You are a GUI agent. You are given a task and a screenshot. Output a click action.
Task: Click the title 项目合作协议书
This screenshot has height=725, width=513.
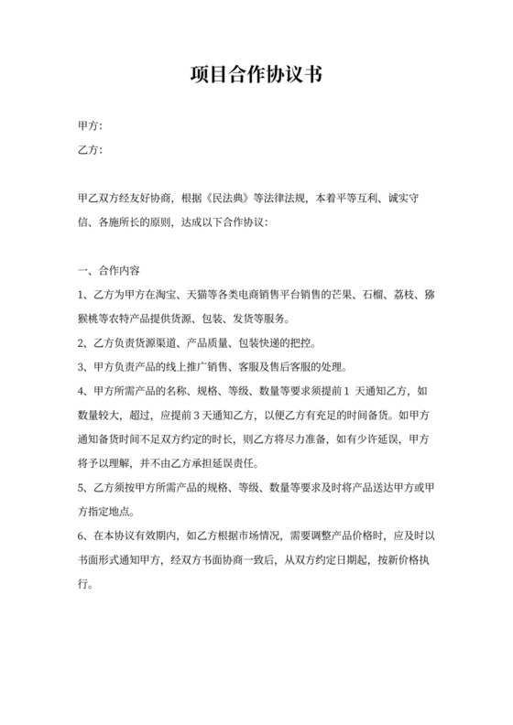click(x=256, y=74)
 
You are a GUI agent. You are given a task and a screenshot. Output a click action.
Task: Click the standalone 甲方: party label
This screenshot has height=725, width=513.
click(x=91, y=125)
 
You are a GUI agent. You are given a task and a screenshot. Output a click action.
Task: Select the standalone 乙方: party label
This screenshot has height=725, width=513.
click(x=91, y=149)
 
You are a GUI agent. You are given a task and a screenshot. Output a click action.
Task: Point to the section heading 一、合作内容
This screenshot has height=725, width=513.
click(x=109, y=271)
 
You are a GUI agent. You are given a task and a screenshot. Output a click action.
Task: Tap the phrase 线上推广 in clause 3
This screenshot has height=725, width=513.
click(x=200, y=369)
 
